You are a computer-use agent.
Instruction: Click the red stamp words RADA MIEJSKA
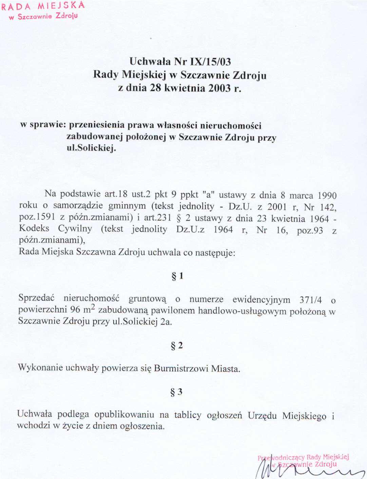click(43, 6)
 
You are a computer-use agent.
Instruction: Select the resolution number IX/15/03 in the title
click(210, 61)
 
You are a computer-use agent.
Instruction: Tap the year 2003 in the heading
click(219, 88)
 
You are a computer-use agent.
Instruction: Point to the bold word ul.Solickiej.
click(91, 148)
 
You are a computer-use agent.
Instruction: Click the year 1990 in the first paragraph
click(327, 196)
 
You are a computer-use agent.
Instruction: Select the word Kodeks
click(34, 228)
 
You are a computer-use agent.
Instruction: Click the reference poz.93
click(310, 231)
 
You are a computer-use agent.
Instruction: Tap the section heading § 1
click(177, 276)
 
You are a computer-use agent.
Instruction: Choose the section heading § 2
click(177, 346)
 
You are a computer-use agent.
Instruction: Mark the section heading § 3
click(176, 392)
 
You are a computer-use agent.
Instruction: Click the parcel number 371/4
click(310, 300)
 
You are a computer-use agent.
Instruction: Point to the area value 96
click(75, 310)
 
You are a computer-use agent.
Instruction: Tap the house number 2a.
click(166, 322)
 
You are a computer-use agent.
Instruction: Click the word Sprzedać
click(36, 298)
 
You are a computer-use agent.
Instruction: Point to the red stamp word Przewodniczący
click(281, 458)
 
